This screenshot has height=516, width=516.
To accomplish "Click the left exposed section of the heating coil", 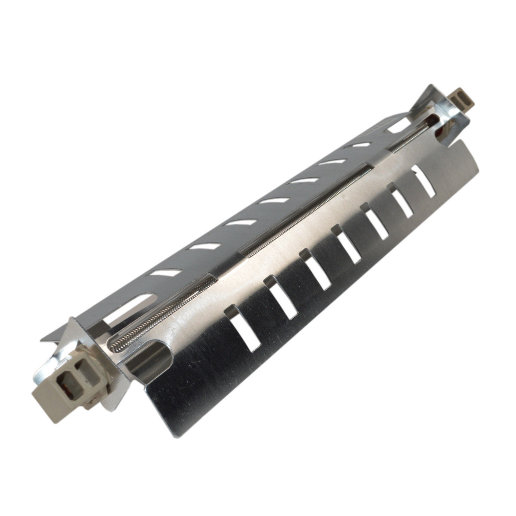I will (161, 313).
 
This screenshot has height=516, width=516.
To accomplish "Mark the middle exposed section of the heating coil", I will (306, 210).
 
